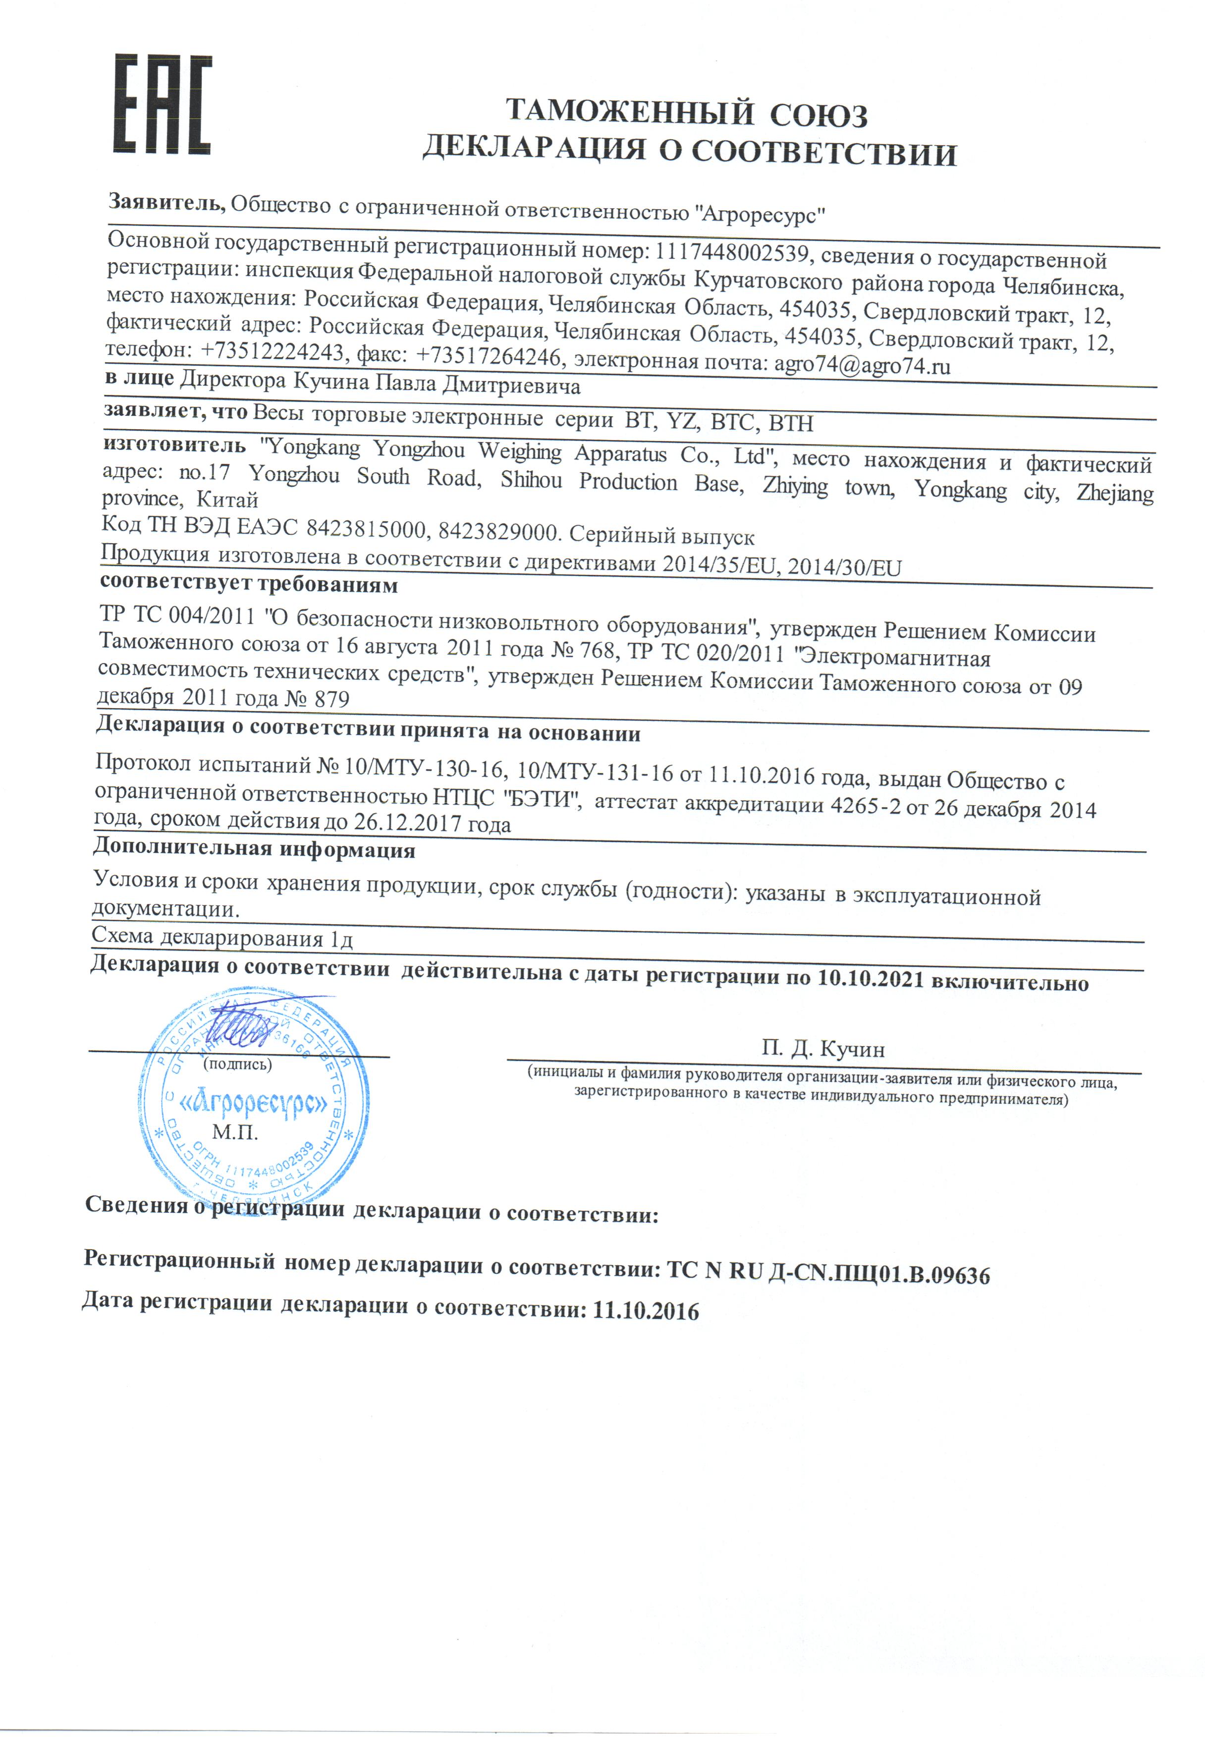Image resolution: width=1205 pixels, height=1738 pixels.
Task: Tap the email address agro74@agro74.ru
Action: [862, 366]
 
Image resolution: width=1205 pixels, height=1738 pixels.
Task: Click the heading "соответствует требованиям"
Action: [249, 584]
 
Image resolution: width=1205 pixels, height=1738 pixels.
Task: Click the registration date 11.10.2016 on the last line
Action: [646, 1311]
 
